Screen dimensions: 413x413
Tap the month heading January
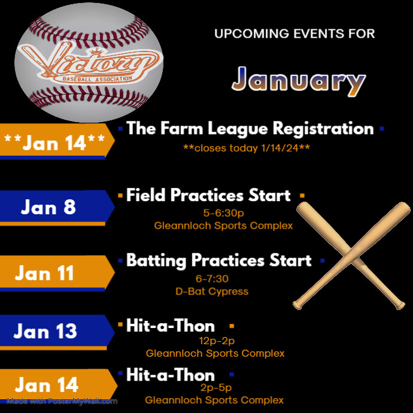click(x=298, y=81)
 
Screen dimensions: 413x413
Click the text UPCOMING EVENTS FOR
click(x=294, y=34)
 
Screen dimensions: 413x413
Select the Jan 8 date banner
click(x=54, y=206)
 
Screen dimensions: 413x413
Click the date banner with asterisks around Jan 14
click(x=54, y=141)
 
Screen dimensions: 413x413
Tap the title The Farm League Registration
click(x=250, y=128)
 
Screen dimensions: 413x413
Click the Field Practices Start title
click(x=208, y=195)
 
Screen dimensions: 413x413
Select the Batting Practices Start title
click(x=218, y=260)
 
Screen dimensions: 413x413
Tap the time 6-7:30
click(x=212, y=278)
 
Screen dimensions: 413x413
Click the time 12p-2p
click(x=217, y=341)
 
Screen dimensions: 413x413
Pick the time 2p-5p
click(x=215, y=388)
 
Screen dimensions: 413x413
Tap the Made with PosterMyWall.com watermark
click(x=63, y=401)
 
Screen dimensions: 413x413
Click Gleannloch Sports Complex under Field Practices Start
click(x=223, y=226)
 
